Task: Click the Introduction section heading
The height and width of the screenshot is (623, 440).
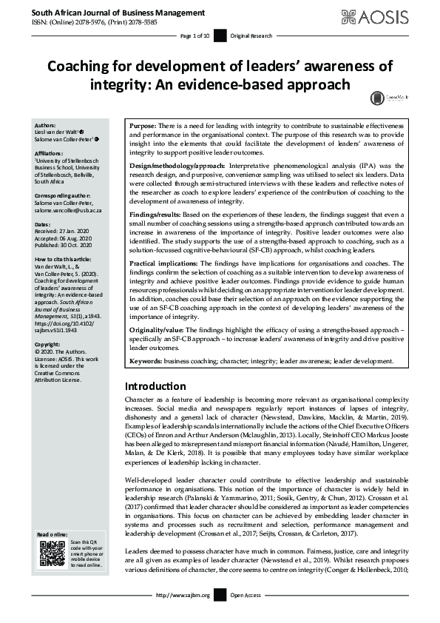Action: (x=155, y=386)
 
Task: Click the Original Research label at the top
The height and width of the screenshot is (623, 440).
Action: (x=252, y=35)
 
